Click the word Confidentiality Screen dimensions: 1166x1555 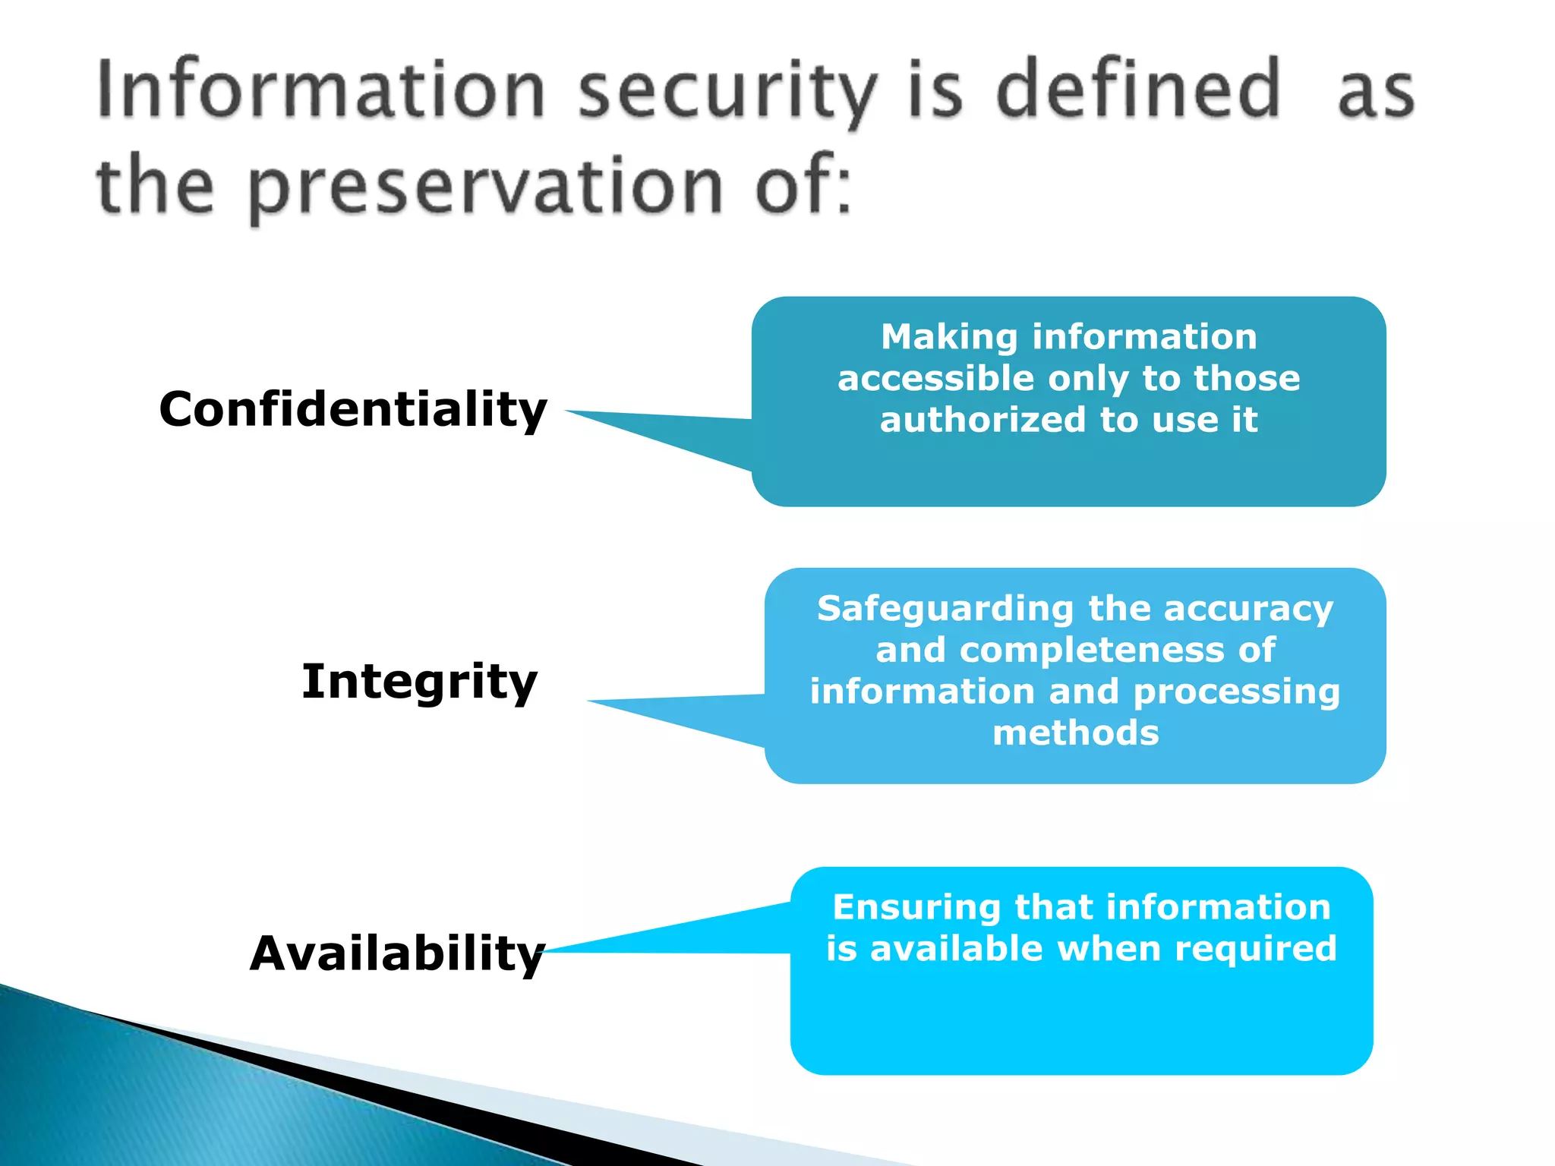click(x=353, y=410)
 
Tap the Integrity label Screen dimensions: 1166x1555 click(x=419, y=681)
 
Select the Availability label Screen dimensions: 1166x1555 click(x=397, y=953)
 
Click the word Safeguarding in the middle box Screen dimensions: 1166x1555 click(x=945, y=610)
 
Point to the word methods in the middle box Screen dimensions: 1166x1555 click(x=1076, y=733)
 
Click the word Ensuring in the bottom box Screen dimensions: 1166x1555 click(x=916, y=908)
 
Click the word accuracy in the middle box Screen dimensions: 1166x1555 click(x=1248, y=610)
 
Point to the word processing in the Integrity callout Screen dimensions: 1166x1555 click(x=1237, y=692)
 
